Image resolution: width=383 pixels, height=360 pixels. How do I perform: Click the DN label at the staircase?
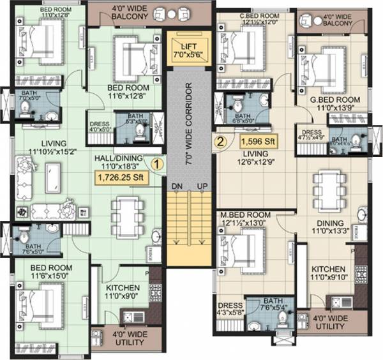click(176, 186)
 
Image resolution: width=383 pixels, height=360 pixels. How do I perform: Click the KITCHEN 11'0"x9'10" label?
click(329, 274)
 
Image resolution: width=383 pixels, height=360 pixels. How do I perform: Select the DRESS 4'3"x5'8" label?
click(229, 310)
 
